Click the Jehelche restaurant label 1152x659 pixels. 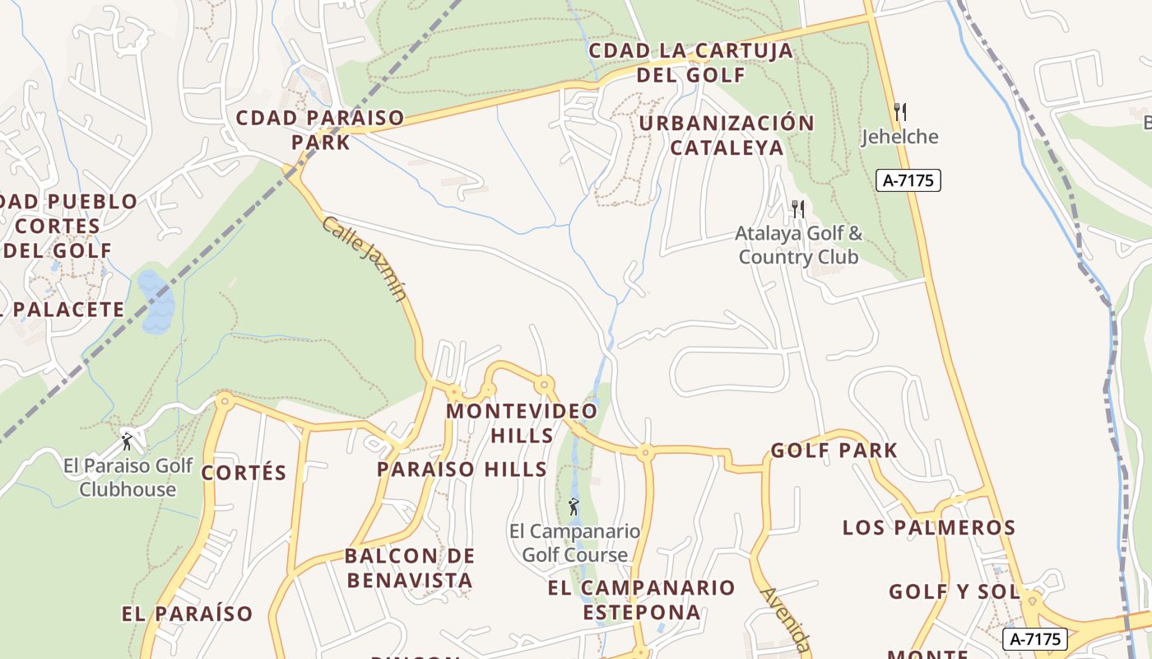click(x=899, y=137)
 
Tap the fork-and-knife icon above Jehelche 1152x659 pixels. click(x=900, y=112)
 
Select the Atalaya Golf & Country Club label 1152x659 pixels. click(x=798, y=245)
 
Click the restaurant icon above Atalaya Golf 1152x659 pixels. click(x=797, y=208)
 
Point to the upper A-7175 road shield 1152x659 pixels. click(x=908, y=180)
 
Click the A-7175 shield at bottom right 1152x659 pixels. click(x=1034, y=638)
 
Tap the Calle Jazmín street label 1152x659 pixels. click(x=365, y=259)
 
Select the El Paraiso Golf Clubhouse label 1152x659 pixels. click(x=128, y=477)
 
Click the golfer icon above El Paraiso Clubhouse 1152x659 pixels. click(x=127, y=442)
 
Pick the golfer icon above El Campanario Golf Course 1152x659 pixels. click(x=574, y=507)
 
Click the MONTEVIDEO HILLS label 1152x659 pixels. click(x=522, y=423)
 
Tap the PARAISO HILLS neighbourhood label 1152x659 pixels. click(x=462, y=470)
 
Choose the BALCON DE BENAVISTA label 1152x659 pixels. click(x=410, y=568)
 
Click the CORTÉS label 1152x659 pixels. click(x=244, y=473)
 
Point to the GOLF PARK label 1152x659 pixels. click(x=834, y=451)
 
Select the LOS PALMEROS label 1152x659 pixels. click(x=929, y=527)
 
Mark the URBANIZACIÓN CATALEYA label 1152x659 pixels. click(x=727, y=135)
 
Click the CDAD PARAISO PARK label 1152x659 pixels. click(x=320, y=129)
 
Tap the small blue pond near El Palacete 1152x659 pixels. click(x=156, y=301)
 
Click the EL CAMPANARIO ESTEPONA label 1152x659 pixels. click(x=641, y=600)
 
